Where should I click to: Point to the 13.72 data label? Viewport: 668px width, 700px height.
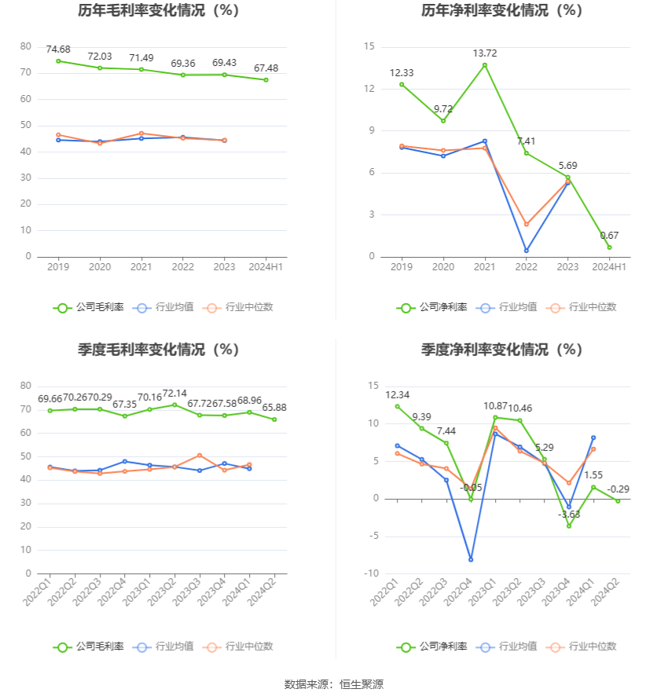[x=485, y=53]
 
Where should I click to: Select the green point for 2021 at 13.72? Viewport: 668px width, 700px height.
[x=485, y=64]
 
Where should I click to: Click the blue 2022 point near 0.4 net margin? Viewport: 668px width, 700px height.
[x=526, y=251]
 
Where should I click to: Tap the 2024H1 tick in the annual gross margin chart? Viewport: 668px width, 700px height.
[x=266, y=267]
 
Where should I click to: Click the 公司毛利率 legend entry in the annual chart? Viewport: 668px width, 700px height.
[x=89, y=307]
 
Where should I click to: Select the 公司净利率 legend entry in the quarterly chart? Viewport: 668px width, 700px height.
[x=431, y=647]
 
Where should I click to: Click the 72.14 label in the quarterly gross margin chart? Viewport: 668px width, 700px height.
[x=174, y=394]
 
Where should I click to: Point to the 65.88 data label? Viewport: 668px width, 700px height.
[x=274, y=408]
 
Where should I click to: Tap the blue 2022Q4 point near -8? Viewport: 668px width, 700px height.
[x=471, y=559]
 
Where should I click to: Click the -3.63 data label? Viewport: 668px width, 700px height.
[x=569, y=514]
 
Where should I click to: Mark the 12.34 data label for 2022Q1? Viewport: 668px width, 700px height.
[x=398, y=395]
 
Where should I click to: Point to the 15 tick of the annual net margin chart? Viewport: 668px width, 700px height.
[x=369, y=46]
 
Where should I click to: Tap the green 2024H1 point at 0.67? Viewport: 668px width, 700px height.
[x=609, y=247]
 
